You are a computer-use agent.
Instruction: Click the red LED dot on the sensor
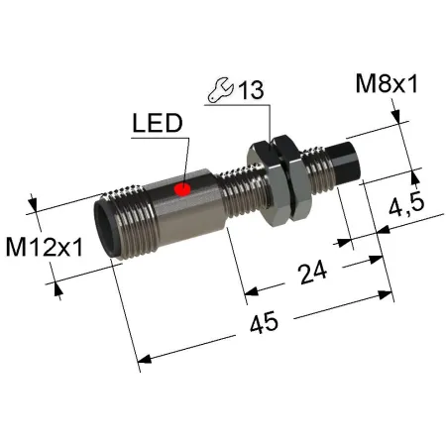182,189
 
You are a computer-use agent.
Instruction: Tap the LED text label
158,123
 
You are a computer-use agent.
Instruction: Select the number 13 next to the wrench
251,90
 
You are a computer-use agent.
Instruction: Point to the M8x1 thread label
387,84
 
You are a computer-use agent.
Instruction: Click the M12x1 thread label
45,248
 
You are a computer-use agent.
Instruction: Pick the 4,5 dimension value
406,205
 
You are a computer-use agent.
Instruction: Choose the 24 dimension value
312,272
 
